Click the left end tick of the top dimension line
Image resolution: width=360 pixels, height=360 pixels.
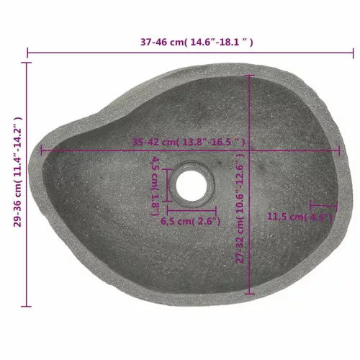point(28,53)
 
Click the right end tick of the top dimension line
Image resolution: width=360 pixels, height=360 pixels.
point(354,53)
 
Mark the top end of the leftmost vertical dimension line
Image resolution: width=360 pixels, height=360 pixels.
point(28,63)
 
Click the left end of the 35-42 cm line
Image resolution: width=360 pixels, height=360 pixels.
point(42,151)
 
